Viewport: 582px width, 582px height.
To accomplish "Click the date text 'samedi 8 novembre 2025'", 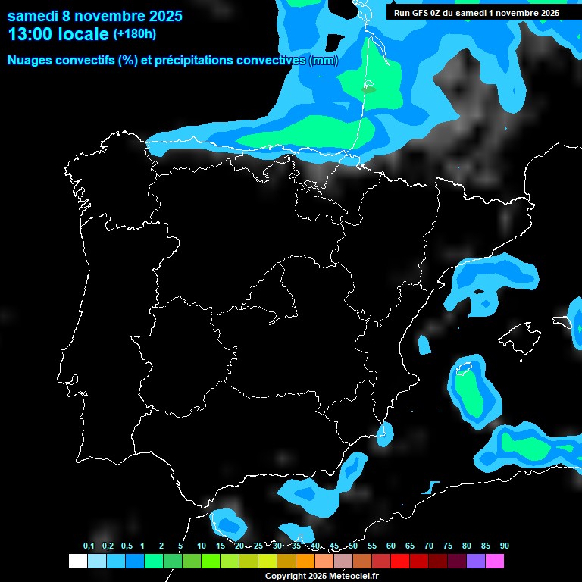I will pos(95,16).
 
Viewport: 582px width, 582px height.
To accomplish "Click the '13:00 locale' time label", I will pos(58,33).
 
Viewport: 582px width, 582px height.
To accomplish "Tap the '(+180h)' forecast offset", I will pos(134,33).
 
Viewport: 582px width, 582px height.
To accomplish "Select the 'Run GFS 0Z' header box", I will pos(476,13).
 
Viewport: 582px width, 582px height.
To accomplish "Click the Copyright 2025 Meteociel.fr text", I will pos(321,576).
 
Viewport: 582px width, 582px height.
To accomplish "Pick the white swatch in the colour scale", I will pos(77,561).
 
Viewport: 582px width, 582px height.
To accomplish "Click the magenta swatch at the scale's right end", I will pos(494,561).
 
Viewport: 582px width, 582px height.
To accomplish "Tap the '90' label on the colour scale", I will pos(504,546).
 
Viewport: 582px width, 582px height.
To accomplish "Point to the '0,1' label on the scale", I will pos(89,546).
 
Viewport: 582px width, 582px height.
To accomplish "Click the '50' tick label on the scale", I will pos(353,546).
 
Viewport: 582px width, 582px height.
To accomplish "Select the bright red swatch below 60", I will pos(399,561).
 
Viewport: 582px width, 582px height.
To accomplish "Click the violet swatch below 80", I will pos(475,561).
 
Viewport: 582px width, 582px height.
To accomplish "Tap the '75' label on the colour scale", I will pos(448,546).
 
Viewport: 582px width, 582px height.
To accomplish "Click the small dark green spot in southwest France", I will pos(369,89).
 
